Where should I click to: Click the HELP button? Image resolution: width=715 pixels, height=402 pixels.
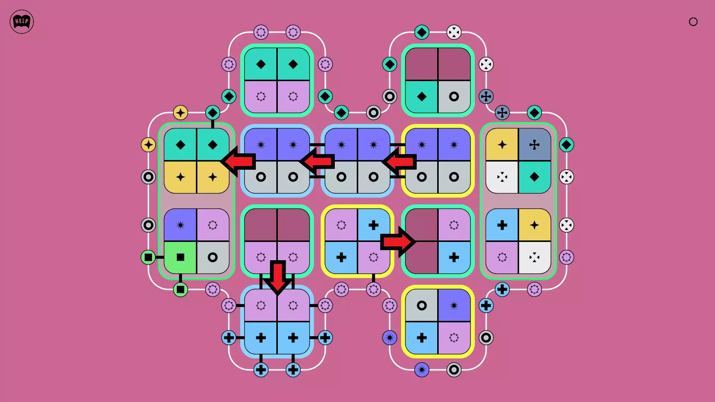[x=22, y=22]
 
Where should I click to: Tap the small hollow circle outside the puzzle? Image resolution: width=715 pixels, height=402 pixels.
[x=693, y=22]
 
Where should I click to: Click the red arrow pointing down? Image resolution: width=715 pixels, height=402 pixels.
[x=277, y=277]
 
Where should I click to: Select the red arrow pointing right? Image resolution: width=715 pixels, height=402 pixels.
[x=398, y=242]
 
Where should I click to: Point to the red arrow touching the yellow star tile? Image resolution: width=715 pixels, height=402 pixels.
[x=238, y=161]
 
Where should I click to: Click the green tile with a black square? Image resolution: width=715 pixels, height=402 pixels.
[x=180, y=257]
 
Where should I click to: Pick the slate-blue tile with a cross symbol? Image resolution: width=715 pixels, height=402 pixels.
[x=534, y=145]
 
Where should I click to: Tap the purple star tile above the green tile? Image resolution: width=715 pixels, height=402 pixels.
[x=180, y=225]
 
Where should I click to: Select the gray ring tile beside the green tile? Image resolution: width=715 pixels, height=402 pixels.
[x=213, y=257]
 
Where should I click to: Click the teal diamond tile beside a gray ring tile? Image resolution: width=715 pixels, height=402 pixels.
[x=422, y=97]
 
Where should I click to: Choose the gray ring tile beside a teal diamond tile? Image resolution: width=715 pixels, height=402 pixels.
[x=454, y=97]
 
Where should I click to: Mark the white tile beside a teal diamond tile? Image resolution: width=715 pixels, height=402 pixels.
[x=502, y=177]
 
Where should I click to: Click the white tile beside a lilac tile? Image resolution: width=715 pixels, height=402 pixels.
[x=534, y=257]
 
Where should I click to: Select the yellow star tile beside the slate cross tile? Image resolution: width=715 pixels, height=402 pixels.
[x=502, y=145]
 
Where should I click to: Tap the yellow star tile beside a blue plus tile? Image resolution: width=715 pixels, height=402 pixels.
[x=534, y=225]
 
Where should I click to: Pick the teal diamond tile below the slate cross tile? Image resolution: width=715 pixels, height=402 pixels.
[x=534, y=177]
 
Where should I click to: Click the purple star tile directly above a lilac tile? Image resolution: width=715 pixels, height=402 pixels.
[x=454, y=306]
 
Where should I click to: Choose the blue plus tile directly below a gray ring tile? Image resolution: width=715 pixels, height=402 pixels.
[x=422, y=338]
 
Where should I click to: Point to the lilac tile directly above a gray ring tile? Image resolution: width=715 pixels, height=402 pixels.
[x=213, y=225]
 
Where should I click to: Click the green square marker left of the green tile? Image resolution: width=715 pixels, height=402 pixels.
[x=148, y=257]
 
